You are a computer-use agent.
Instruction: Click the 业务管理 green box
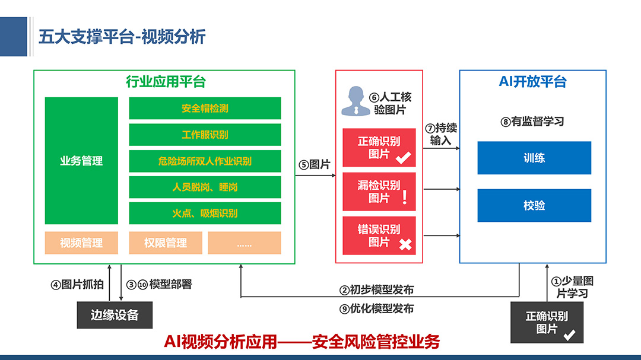tap(81, 161)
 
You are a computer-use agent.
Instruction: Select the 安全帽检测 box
tap(205, 109)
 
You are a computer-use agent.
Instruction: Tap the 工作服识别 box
tap(205, 135)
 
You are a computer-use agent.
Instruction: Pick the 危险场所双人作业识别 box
tap(205, 161)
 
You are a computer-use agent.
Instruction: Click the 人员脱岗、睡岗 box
tap(205, 187)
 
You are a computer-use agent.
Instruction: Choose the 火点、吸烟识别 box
tap(205, 214)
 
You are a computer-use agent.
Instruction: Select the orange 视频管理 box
tap(81, 243)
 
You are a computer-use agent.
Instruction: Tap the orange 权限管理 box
tap(166, 243)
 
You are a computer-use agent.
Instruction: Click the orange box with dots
tap(245, 243)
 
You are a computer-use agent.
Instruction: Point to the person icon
tap(356, 101)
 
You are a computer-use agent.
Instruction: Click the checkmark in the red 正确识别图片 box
tap(404, 157)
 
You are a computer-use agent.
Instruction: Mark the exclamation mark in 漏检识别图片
tap(405, 197)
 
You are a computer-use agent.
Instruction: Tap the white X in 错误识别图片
tap(405, 244)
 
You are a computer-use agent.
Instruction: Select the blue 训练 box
tap(534, 158)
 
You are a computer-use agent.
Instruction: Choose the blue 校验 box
tap(534, 206)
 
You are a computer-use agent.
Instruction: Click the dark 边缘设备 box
tap(115, 315)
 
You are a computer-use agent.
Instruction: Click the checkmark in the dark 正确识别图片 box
tap(569, 335)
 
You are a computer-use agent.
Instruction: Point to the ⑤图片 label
tap(315, 165)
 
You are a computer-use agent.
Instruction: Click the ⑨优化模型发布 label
tap(376, 308)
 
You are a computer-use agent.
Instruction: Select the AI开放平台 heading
tap(532, 82)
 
